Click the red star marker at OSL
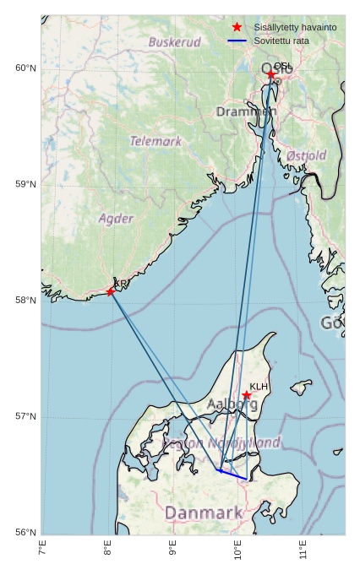[x=271, y=75]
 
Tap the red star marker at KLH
[x=247, y=395]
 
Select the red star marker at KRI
[x=111, y=292]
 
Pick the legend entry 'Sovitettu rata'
[x=284, y=41]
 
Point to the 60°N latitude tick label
[x=26, y=68]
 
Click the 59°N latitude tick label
[x=26, y=184]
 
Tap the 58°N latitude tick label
[x=26, y=301]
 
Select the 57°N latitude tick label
[x=26, y=416]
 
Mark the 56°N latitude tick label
[x=26, y=532]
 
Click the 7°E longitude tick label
[x=42, y=551]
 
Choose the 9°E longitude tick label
[x=172, y=551]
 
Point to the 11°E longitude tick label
[x=303, y=551]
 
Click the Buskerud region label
[x=175, y=41]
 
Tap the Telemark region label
[x=155, y=141]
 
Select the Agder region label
[x=116, y=219]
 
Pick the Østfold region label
[x=306, y=155]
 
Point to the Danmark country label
[x=204, y=513]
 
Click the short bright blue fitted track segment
[x=232, y=475]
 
